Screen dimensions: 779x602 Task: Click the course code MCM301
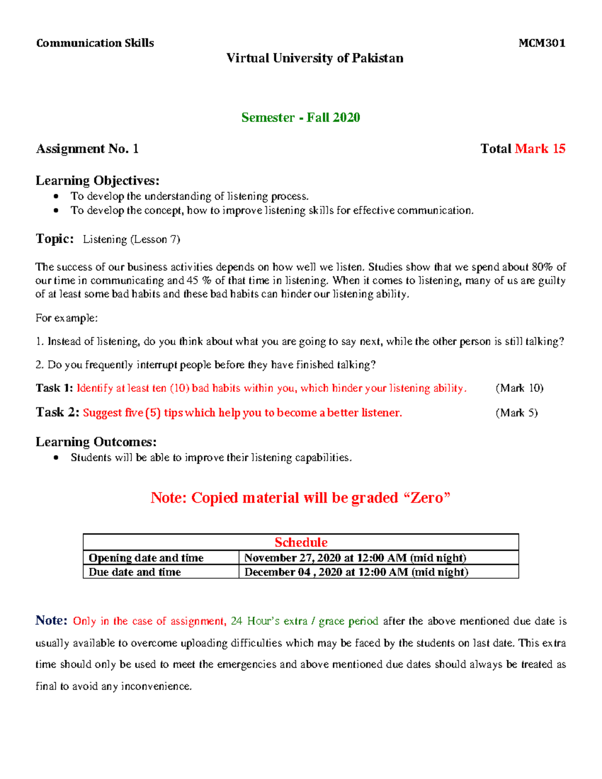point(542,43)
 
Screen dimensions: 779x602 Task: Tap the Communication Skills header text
point(95,43)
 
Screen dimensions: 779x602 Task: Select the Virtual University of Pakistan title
point(315,58)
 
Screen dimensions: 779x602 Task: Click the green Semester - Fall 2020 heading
point(300,117)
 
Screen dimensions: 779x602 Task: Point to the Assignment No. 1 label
point(87,149)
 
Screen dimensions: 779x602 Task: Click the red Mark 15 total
point(540,149)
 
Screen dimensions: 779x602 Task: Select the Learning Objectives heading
point(97,181)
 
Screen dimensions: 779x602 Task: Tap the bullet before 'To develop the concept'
point(56,211)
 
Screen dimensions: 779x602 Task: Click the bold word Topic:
point(55,239)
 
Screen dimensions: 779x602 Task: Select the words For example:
point(67,318)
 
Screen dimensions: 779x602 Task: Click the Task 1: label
point(54,388)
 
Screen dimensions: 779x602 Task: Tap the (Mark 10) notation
point(519,388)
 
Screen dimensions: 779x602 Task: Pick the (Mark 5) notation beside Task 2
point(517,413)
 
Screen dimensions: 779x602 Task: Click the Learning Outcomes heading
point(96,442)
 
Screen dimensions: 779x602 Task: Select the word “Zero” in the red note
point(426,498)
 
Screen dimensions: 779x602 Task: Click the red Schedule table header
point(301,542)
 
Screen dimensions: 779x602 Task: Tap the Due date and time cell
point(134,572)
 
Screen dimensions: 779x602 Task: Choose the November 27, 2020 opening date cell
point(355,558)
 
